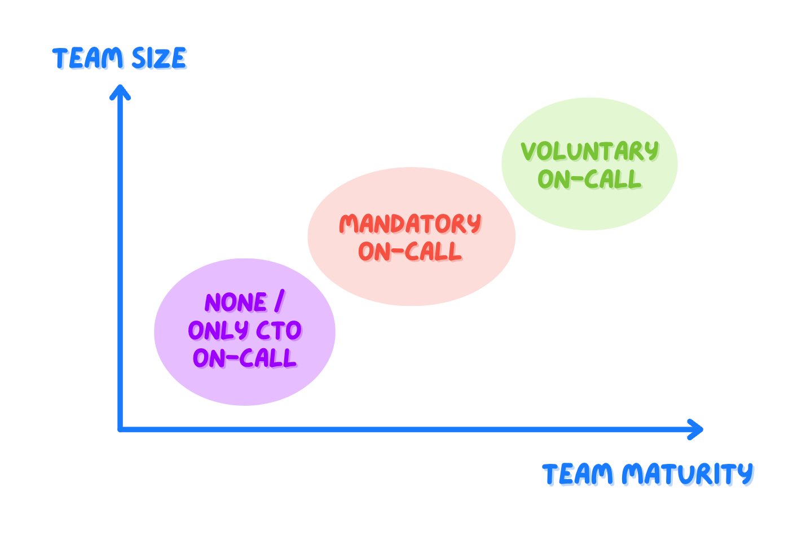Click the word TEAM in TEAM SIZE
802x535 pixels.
coord(88,59)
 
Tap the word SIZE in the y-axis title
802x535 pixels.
coord(159,59)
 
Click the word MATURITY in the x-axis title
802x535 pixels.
coord(688,474)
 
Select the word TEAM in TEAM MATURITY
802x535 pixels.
coord(578,474)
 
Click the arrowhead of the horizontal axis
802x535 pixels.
coord(698,429)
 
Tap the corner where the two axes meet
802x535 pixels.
coord(120,429)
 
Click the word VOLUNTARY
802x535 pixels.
coord(589,151)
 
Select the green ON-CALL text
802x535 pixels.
coord(589,179)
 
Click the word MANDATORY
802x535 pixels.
coord(410,224)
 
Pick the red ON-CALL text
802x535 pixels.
coord(410,252)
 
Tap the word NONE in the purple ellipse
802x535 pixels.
coord(236,303)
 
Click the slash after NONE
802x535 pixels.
coord(279,302)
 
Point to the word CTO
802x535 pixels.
coord(279,331)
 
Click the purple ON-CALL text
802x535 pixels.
coord(244,358)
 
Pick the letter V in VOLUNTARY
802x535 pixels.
coord(528,151)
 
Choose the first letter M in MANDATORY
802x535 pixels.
coord(349,224)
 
